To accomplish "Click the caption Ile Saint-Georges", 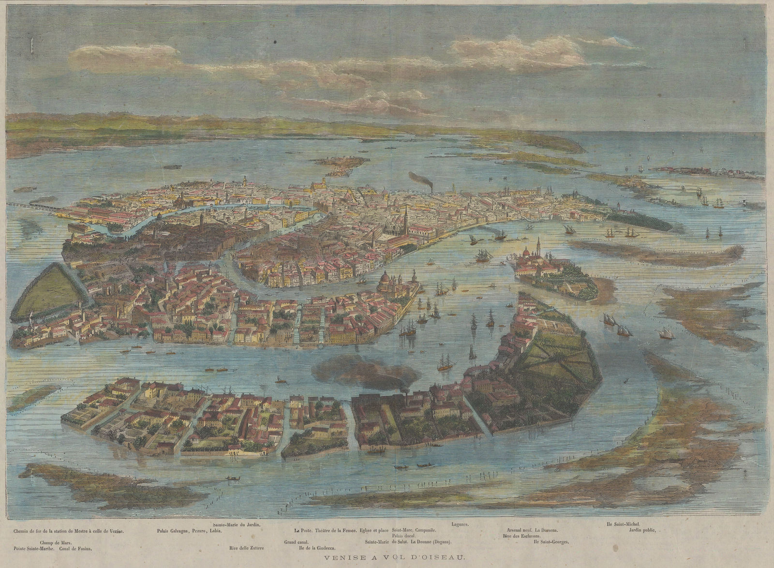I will (x=551, y=542).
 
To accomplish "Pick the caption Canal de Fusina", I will (x=76, y=549).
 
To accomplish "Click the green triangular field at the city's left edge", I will (x=46, y=290).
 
